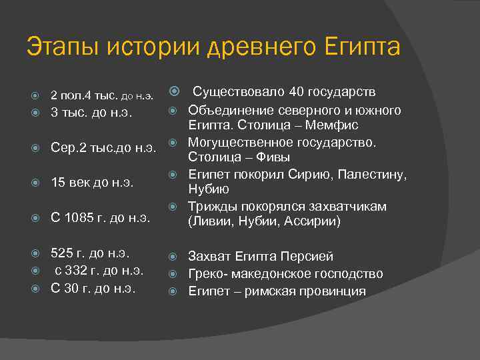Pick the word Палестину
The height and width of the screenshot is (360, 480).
373,175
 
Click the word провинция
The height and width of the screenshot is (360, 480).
327,291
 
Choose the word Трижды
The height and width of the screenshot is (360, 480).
211,206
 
